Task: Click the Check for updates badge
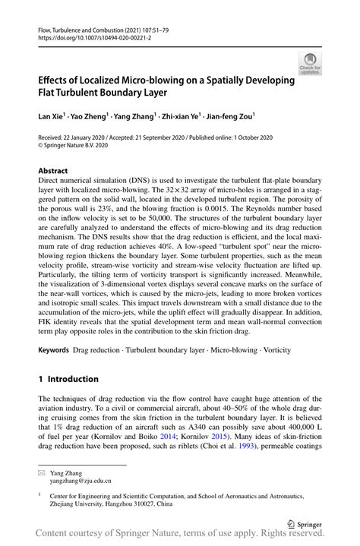click(309, 63)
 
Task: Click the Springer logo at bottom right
click(303, 523)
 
